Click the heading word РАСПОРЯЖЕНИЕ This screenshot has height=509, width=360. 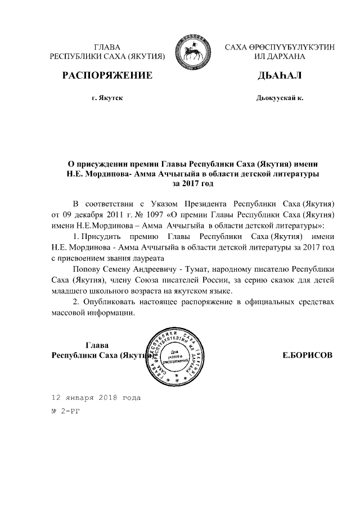pos(107,76)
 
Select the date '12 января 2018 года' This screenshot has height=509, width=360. pos(96,397)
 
